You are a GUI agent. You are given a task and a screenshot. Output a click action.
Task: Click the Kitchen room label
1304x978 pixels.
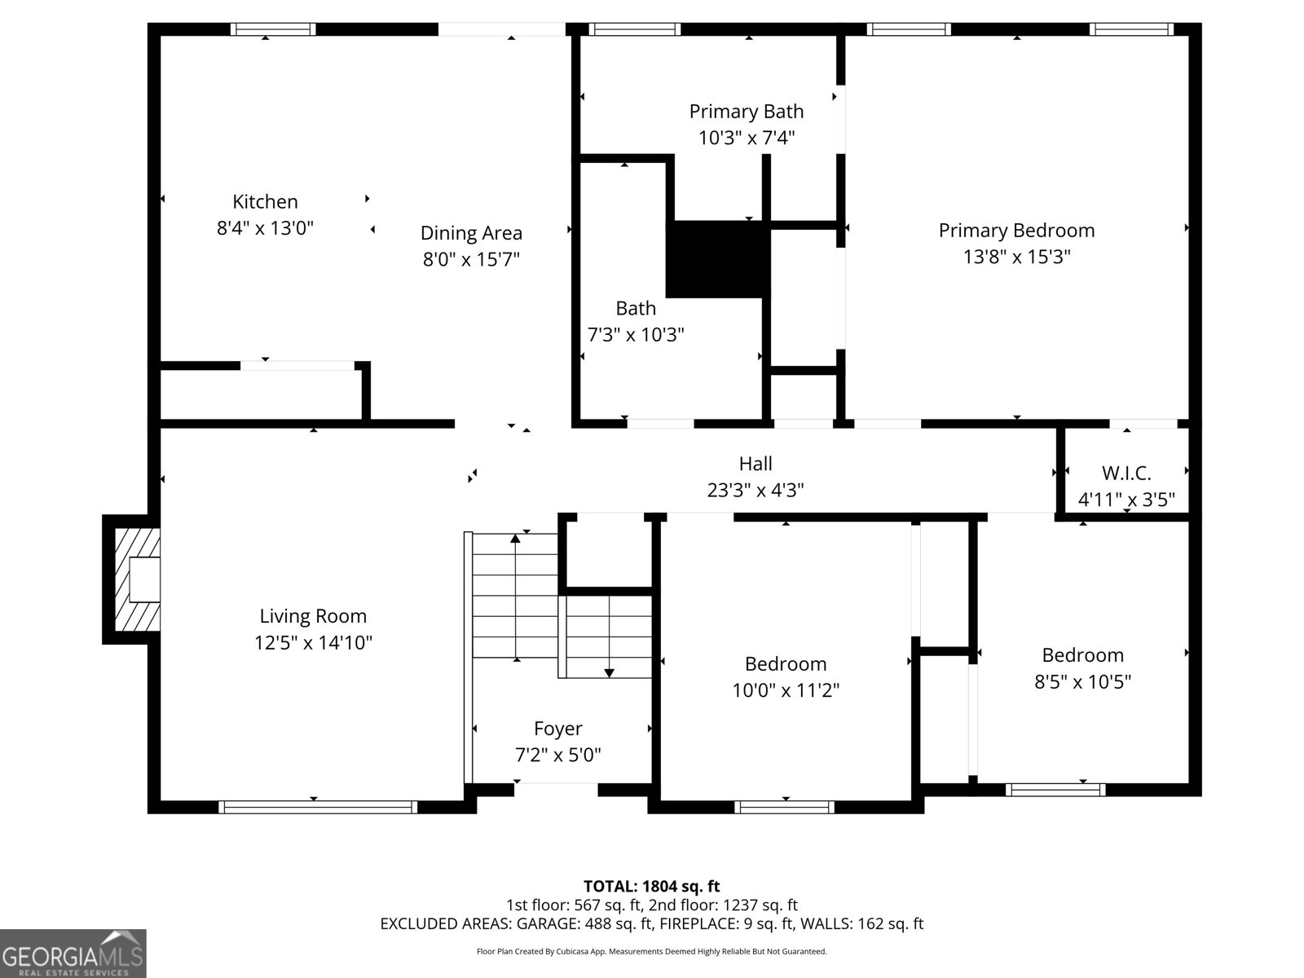265,201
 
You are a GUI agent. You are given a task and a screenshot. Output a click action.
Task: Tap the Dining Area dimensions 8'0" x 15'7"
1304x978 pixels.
471,259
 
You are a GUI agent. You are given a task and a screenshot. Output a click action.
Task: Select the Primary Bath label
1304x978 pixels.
746,111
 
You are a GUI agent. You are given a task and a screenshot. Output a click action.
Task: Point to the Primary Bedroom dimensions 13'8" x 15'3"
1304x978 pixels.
1016,257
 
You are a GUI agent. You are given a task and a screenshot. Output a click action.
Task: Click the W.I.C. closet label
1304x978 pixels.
1126,473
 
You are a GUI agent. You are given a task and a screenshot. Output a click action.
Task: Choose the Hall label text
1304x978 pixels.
756,464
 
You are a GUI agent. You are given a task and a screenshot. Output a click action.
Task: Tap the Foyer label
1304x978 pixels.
557,728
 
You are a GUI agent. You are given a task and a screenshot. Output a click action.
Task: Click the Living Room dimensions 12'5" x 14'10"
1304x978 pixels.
313,642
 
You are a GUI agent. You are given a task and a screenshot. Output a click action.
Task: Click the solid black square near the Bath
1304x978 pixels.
717,259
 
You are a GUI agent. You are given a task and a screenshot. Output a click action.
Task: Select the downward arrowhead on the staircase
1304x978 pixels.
609,672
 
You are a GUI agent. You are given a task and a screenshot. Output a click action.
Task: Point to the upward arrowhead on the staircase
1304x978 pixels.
515,538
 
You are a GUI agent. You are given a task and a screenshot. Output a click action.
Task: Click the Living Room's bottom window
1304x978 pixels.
318,807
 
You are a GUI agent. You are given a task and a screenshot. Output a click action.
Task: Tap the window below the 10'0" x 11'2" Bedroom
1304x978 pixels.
784,807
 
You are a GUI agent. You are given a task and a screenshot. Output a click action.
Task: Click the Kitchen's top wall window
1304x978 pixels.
273,29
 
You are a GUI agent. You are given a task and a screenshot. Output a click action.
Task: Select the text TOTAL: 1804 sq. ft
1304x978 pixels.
651,886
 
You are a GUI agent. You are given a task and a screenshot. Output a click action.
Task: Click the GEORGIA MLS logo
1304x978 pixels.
73,953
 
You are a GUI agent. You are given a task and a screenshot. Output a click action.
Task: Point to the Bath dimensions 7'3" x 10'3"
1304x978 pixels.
636,334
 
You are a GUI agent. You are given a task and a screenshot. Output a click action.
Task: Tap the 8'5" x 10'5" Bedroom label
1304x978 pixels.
1082,654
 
